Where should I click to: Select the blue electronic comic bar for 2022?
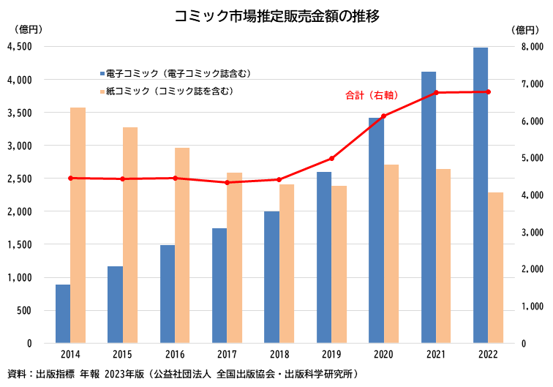[x=481, y=195]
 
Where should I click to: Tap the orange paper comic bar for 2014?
[x=78, y=225]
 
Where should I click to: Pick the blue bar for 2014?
[x=63, y=314]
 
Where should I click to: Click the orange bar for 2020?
[x=391, y=254]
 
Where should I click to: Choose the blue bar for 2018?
[x=271, y=277]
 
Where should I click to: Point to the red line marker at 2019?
[x=331, y=159]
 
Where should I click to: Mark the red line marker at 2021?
[x=436, y=93]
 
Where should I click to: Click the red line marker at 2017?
[x=227, y=182]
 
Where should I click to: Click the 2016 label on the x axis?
[x=175, y=355]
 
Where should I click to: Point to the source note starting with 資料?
[x=183, y=375]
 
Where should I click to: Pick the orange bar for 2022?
[x=495, y=268]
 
